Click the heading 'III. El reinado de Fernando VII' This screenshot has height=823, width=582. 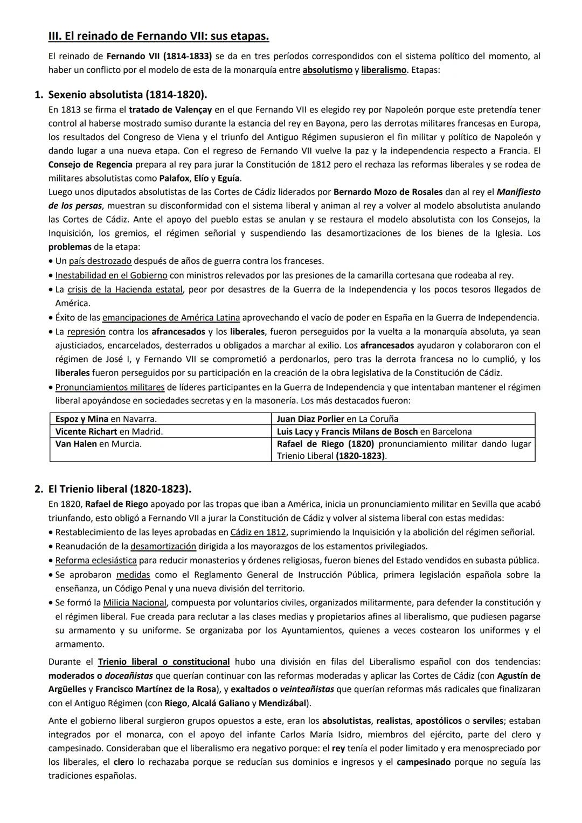[x=158, y=37]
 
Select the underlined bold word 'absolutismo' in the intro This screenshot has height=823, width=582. [x=327, y=70]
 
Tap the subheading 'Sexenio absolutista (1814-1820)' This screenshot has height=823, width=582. [x=127, y=95]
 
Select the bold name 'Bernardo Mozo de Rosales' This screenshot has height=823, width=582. [x=388, y=192]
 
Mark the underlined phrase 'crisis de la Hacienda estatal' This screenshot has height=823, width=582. [x=125, y=289]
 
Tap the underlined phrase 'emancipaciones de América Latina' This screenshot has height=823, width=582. [x=171, y=317]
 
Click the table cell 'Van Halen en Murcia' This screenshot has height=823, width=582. [x=99, y=444]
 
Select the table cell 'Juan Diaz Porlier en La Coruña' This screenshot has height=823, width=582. [x=337, y=419]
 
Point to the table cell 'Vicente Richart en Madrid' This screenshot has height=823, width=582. [x=109, y=431]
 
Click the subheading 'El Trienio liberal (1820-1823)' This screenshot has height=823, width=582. [x=120, y=489]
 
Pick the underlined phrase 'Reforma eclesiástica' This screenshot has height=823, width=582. [x=96, y=560]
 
